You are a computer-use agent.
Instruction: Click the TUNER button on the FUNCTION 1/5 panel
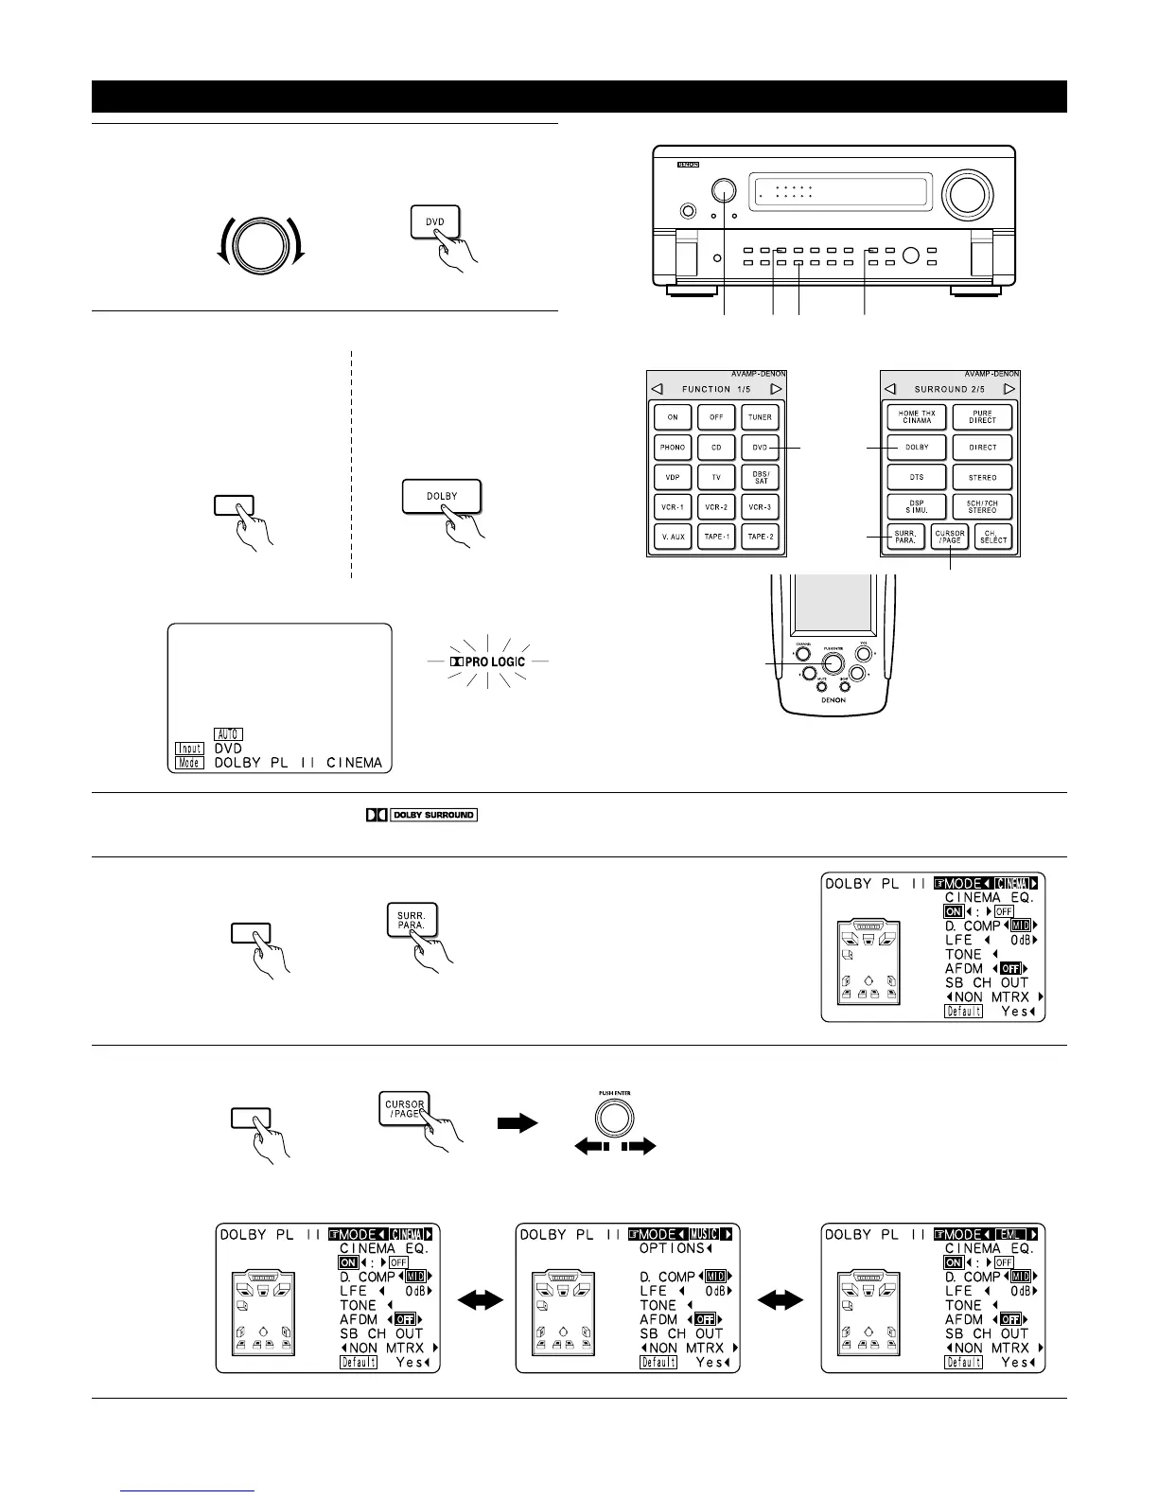click(760, 417)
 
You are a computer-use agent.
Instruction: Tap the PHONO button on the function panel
click(672, 447)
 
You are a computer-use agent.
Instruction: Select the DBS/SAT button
click(760, 477)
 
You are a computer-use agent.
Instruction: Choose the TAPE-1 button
click(716, 537)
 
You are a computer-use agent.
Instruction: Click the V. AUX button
click(672, 537)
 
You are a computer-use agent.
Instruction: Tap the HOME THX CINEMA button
click(915, 417)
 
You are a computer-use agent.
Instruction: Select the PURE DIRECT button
click(982, 417)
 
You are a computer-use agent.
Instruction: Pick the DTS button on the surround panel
click(915, 477)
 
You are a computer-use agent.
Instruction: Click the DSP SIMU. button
click(915, 506)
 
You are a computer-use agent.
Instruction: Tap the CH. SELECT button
click(992, 537)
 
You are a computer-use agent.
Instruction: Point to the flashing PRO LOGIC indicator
click(487, 661)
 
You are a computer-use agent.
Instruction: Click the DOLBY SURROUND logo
click(422, 815)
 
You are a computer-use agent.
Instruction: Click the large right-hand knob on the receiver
click(967, 192)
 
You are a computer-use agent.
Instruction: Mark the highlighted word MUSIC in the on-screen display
click(703, 1235)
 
